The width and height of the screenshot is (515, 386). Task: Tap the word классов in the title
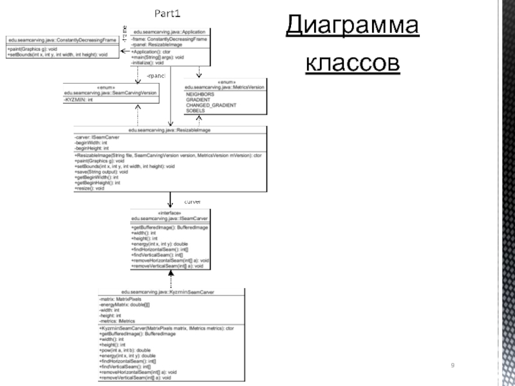click(x=351, y=64)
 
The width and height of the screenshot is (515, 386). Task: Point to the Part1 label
click(x=166, y=13)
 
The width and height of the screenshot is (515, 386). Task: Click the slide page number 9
click(x=453, y=365)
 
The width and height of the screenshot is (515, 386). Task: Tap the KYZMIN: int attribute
click(x=79, y=100)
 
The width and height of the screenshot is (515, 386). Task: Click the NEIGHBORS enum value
click(x=200, y=94)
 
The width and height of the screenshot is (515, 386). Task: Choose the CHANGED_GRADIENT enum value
click(x=211, y=106)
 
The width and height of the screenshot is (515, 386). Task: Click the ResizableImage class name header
click(x=170, y=130)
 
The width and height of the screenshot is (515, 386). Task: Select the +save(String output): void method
click(x=102, y=172)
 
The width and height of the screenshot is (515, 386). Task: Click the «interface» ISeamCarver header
click(x=169, y=215)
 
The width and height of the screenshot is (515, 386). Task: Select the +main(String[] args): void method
click(x=158, y=57)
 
